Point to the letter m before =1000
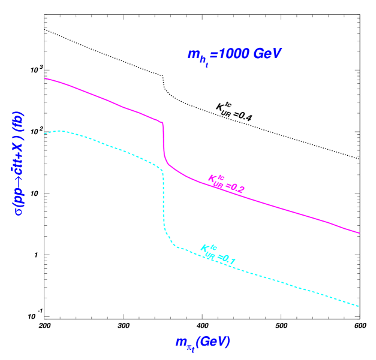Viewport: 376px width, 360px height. coord(194,54)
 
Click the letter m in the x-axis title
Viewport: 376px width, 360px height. coord(181,342)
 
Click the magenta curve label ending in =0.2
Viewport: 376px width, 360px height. coord(226,183)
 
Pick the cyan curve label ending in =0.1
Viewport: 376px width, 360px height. coord(218,254)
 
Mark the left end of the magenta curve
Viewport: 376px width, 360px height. coord(45,78)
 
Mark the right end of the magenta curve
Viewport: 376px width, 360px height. coord(359,233)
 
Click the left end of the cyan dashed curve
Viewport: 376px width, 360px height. coord(45,134)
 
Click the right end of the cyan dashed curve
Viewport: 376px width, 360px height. coord(359,307)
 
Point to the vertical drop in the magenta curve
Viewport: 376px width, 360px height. coord(163,141)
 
